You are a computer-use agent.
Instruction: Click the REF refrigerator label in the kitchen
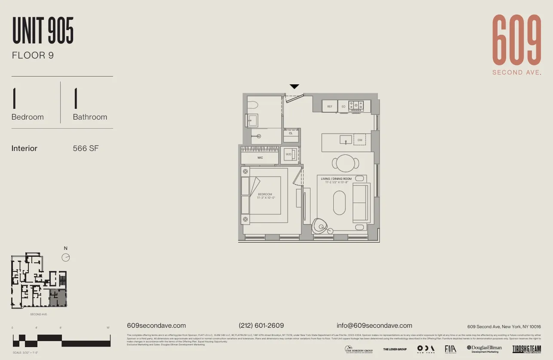click(330, 106)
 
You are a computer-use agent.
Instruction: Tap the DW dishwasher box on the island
click(360, 140)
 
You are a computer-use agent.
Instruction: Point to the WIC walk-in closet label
click(260, 158)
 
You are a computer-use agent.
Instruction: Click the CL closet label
click(291, 133)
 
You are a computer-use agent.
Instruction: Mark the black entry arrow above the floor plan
click(294, 86)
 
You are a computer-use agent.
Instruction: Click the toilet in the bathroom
click(252, 104)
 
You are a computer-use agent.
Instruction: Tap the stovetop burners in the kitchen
click(356, 106)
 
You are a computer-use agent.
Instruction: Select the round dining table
click(345, 163)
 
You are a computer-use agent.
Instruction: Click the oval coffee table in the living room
click(339, 203)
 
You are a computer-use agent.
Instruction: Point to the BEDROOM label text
click(265, 194)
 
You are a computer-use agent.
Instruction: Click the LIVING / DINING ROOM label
click(336, 179)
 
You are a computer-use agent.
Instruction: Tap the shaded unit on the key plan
click(58, 298)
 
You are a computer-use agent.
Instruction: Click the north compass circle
click(66, 258)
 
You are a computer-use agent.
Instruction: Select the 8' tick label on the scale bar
click(61, 328)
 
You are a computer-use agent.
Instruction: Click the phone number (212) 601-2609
click(261, 326)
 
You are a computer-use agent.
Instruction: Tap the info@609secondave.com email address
click(374, 326)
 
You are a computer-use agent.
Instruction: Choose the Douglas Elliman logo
click(484, 349)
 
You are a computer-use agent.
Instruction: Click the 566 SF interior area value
click(86, 148)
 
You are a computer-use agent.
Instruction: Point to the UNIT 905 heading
click(43, 31)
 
